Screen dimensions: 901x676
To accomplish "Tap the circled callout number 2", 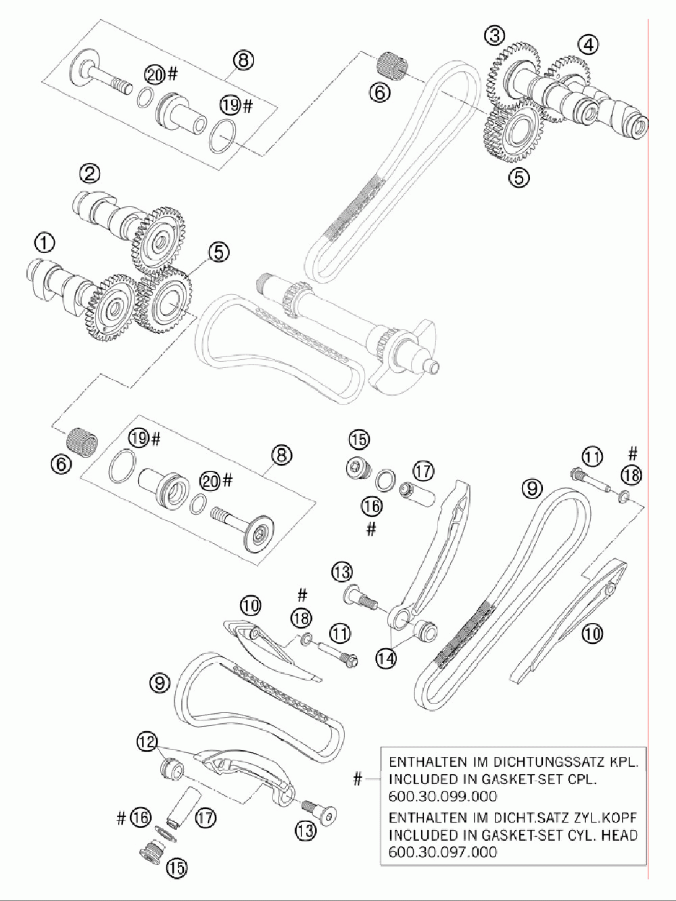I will click(x=89, y=175).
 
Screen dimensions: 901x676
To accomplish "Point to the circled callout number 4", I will click(x=588, y=45).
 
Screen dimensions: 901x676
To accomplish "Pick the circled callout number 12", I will click(x=147, y=740).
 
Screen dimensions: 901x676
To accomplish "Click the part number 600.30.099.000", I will click(x=443, y=795).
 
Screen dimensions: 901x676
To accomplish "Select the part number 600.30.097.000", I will click(x=443, y=852).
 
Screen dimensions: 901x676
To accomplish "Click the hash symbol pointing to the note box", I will click(x=357, y=779).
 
